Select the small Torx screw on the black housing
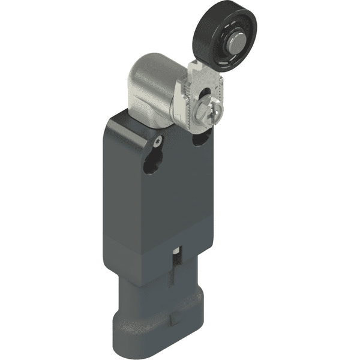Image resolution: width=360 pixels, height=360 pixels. (157, 142)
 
